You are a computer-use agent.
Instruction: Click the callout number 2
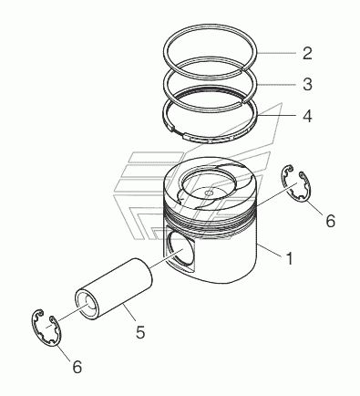[x=307, y=53]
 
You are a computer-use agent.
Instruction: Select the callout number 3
[x=307, y=84]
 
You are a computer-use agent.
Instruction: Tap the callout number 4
[x=307, y=116]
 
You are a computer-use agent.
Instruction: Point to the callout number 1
[x=290, y=258]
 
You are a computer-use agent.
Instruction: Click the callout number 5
[x=140, y=331]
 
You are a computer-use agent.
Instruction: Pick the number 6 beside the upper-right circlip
[x=330, y=221]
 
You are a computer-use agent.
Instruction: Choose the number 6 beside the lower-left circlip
[x=77, y=367]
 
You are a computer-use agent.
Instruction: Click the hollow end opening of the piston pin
[x=87, y=305]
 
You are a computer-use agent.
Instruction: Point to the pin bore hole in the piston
[x=182, y=250]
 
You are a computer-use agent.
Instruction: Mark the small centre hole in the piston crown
[x=209, y=193]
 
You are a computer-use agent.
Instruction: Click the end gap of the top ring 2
[x=244, y=70]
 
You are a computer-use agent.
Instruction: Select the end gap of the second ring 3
[x=243, y=100]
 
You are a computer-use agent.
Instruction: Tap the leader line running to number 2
[x=276, y=53]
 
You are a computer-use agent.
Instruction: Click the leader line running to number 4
[x=277, y=116]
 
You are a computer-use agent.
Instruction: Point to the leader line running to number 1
[x=269, y=251]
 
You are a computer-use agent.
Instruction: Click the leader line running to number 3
[x=277, y=84]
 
